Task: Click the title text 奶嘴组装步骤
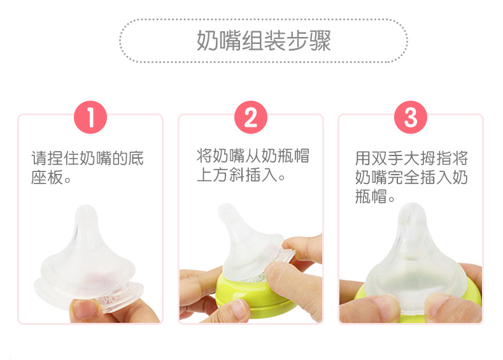pyautogui.click(x=264, y=41)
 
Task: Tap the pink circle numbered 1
pyautogui.click(x=90, y=117)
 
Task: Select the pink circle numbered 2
pyautogui.click(x=251, y=117)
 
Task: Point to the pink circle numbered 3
pyautogui.click(x=411, y=117)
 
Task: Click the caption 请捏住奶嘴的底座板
pyautogui.click(x=87, y=168)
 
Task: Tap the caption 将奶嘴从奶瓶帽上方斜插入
pyautogui.click(x=253, y=165)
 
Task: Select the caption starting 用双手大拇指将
pyautogui.click(x=411, y=177)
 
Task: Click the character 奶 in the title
pyautogui.click(x=207, y=41)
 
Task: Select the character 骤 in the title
pyautogui.click(x=320, y=41)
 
